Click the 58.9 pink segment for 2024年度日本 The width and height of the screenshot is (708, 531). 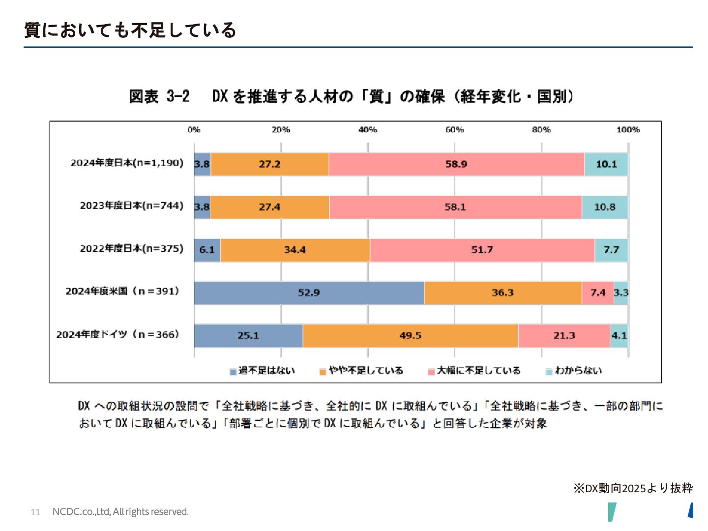(456, 164)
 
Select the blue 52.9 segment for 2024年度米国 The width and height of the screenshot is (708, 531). (309, 293)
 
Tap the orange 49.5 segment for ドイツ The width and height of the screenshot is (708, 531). (410, 336)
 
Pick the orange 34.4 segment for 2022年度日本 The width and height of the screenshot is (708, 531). (295, 250)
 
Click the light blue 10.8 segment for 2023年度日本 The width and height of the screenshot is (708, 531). (605, 207)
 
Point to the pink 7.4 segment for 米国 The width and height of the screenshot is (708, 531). (598, 293)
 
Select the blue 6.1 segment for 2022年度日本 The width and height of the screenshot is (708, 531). (207, 250)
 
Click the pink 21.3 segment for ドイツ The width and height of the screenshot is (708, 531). (564, 336)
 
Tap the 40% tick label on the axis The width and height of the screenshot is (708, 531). (367, 130)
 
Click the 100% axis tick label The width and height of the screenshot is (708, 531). (628, 130)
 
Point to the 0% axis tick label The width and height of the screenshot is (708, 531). (194, 130)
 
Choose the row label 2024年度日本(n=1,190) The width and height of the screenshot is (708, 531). (127, 163)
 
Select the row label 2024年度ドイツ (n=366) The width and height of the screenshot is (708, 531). (118, 334)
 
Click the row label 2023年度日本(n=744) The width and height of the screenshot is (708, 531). (132, 206)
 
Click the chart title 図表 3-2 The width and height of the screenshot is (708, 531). (159, 96)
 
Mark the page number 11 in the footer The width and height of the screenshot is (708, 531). (35, 512)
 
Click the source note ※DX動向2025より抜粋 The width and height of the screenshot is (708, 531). (633, 488)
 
